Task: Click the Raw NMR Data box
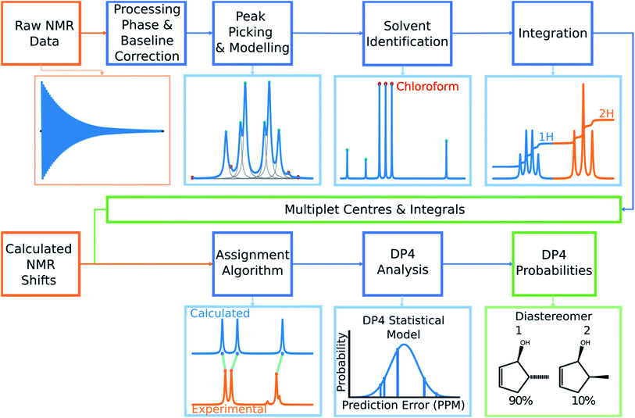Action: pyautogui.click(x=41, y=34)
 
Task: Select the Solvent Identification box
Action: pyautogui.click(x=407, y=34)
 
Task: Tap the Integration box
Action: pyautogui.click(x=553, y=34)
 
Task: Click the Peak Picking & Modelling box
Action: pyautogui.click(x=252, y=34)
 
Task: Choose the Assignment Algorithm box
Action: pyautogui.click(x=252, y=263)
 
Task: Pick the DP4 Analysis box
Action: pyautogui.click(x=402, y=263)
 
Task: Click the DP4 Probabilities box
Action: pyautogui.click(x=554, y=263)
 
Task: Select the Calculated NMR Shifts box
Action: pyautogui.click(x=41, y=263)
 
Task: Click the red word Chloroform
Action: pyautogui.click(x=427, y=86)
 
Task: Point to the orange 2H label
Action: pyautogui.click(x=606, y=114)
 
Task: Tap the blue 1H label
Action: pyautogui.click(x=546, y=137)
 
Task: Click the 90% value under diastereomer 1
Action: pyautogui.click(x=521, y=401)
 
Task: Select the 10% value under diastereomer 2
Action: pyautogui.click(x=583, y=401)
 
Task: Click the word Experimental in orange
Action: pyautogui.click(x=229, y=409)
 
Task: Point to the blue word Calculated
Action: pyautogui.click(x=220, y=313)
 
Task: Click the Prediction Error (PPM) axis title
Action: pyautogui.click(x=403, y=405)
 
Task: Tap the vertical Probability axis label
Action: pyautogui.click(x=342, y=362)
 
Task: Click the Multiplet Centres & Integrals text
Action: pyautogui.click(x=375, y=209)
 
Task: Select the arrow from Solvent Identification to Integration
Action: pyautogui.click(x=482, y=34)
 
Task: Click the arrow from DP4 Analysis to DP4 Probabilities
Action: pyautogui.click(x=477, y=264)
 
